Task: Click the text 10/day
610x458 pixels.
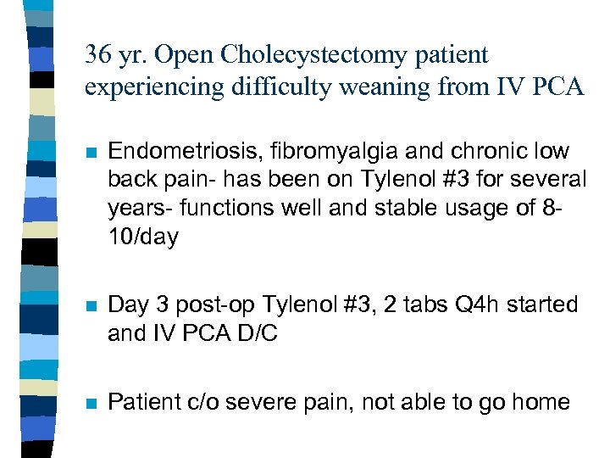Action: coord(143,237)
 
